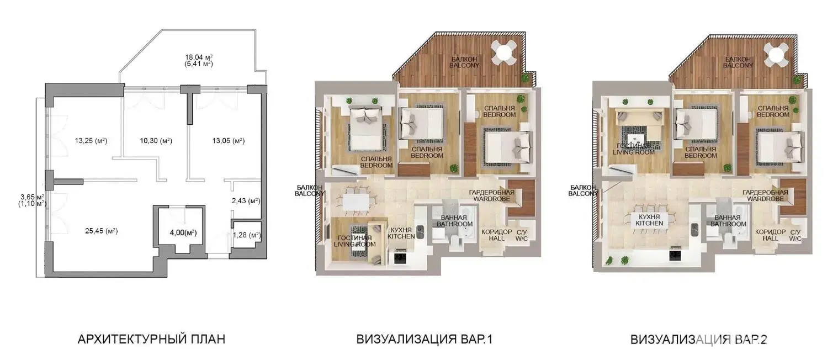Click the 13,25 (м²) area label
[x=91, y=141]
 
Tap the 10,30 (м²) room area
[x=156, y=141]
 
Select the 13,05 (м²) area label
[x=229, y=141]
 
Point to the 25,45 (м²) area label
[x=102, y=231]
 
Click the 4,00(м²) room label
[x=183, y=233]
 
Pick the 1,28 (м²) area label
[x=247, y=235]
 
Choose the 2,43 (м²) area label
[x=246, y=201]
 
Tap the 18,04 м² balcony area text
[x=199, y=57]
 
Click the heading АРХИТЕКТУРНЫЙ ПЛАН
[x=151, y=340]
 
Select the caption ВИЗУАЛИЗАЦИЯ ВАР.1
[x=425, y=340]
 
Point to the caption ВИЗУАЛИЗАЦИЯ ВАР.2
[x=699, y=340]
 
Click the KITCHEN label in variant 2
[x=649, y=223]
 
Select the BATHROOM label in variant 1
[x=455, y=224]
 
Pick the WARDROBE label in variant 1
[x=492, y=199]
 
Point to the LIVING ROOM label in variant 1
[x=354, y=245]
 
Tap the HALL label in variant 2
[x=770, y=239]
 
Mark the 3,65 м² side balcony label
[x=33, y=197]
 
